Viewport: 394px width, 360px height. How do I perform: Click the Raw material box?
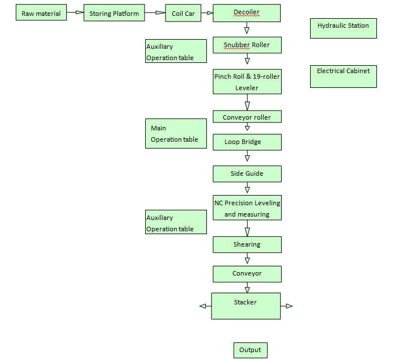coord(41,12)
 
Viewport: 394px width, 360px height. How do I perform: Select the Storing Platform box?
coord(114,13)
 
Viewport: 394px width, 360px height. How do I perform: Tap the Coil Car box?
coord(183,13)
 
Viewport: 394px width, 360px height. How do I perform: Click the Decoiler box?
coord(247,13)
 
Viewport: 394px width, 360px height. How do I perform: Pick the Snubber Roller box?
coord(247,45)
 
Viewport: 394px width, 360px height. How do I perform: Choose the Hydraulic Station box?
coord(344,28)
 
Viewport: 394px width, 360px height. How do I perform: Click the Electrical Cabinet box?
coord(344,77)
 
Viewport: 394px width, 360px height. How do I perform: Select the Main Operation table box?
coord(176,134)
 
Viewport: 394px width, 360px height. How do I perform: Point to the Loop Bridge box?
coord(247,142)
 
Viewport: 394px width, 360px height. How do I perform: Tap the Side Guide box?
coord(247,174)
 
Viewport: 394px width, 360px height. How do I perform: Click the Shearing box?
coord(247,245)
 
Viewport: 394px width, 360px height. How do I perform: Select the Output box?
coord(251,350)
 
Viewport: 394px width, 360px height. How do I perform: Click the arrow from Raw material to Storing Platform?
coord(75,12)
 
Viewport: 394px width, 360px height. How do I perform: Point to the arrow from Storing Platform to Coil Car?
coord(155,12)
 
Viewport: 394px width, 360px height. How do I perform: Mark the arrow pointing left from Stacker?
coord(206,306)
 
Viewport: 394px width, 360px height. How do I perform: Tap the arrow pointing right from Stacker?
coord(286,306)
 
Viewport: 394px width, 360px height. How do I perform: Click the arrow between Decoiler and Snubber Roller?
coord(247,28)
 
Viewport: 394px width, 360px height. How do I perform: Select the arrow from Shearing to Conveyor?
coord(247,259)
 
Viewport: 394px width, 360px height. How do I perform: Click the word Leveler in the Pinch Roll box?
coord(247,88)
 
